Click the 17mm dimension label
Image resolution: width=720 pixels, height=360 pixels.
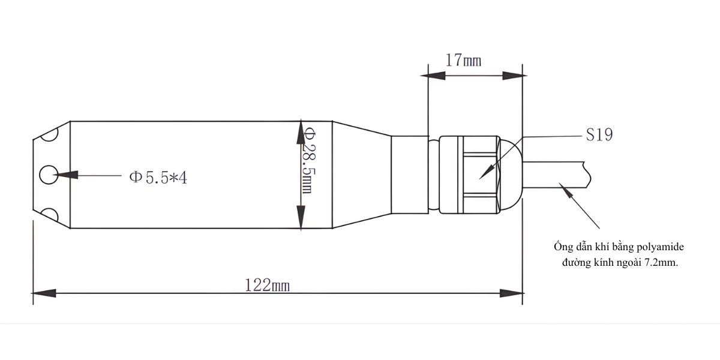[463, 61]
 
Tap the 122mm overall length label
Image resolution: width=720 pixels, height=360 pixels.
[267, 285]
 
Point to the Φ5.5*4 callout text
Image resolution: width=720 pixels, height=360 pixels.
[158, 178]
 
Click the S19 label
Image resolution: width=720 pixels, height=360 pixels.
[599, 136]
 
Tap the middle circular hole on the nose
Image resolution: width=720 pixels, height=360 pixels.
[47, 175]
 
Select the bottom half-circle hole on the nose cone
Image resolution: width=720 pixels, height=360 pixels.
[49, 215]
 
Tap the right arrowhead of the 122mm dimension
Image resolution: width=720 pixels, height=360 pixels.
[511, 293]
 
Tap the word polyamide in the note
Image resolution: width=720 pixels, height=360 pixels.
[660, 247]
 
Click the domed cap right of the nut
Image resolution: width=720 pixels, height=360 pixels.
[510, 175]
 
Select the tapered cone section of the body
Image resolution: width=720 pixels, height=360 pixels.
[360, 175]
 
